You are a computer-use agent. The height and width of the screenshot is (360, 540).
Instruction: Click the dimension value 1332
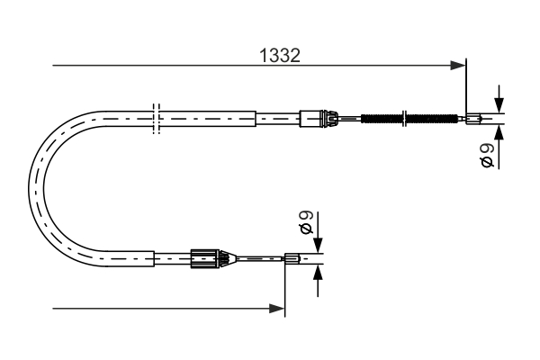(279, 56)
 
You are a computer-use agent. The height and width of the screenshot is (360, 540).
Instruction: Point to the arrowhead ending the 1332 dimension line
(462, 65)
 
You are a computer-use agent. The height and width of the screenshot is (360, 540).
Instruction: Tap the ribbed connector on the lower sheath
(205, 259)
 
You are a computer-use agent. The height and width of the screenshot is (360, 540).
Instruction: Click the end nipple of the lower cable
(292, 260)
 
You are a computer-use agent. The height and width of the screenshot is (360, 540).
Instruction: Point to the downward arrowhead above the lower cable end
(318, 247)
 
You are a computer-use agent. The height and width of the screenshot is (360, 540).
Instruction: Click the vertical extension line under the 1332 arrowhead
(467, 90)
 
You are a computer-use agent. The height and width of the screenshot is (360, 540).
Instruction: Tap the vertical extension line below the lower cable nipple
(285, 288)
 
